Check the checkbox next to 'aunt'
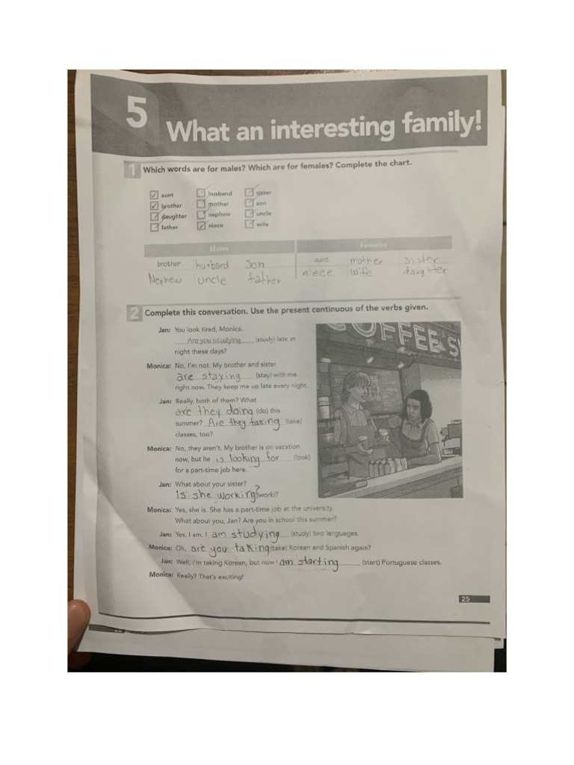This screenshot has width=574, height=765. (x=154, y=196)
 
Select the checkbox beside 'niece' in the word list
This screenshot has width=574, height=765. (x=201, y=225)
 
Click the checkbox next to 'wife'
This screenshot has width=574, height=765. (x=249, y=223)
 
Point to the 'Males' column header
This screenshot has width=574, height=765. (x=219, y=248)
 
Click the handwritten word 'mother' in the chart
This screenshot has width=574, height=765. (x=365, y=261)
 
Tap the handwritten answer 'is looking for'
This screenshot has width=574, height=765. (x=247, y=458)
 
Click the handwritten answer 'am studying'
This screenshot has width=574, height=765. (x=245, y=534)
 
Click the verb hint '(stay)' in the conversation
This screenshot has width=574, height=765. (x=266, y=374)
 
